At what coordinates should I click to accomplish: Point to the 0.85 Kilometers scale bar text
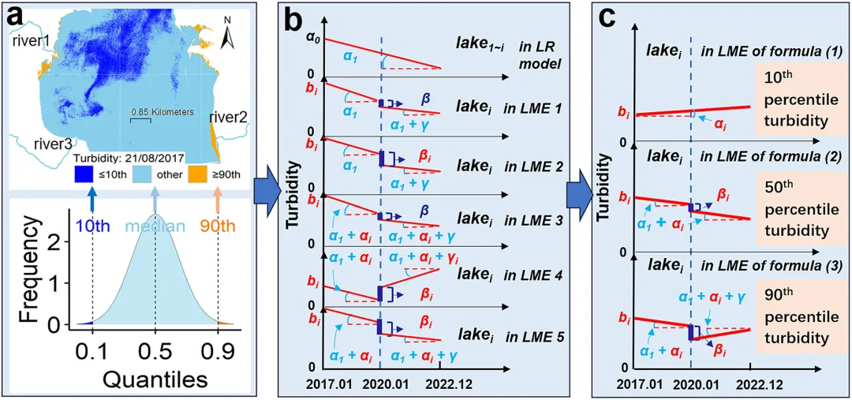(x=162, y=112)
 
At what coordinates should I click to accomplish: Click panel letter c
(x=608, y=18)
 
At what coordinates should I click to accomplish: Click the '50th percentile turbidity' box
(x=794, y=203)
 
